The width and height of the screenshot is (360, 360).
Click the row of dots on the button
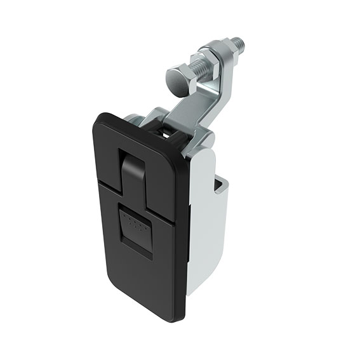(134, 222)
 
